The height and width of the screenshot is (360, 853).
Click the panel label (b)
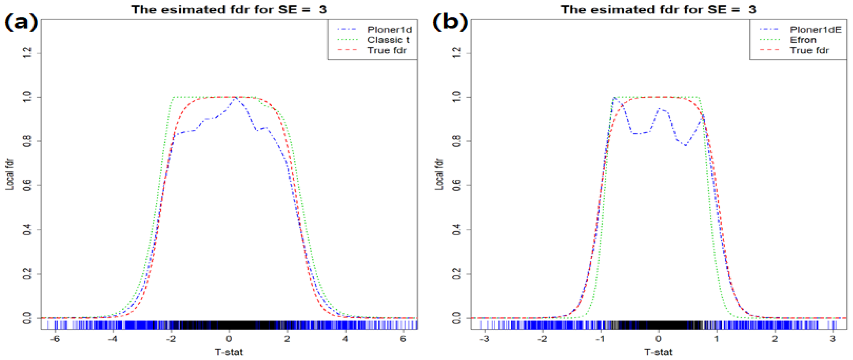(x=450, y=23)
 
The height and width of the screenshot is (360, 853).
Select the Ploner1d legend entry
(x=389, y=30)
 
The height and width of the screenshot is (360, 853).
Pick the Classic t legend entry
(x=388, y=40)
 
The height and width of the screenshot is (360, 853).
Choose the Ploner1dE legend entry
(x=815, y=30)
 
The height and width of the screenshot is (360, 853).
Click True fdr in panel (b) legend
(x=809, y=50)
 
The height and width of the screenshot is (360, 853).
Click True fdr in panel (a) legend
(x=386, y=50)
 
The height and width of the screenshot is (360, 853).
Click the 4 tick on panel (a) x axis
(x=345, y=339)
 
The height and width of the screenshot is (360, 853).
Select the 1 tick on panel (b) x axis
(x=717, y=339)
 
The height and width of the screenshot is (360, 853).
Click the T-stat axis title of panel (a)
(x=229, y=352)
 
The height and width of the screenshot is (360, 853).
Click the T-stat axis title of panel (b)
(x=658, y=352)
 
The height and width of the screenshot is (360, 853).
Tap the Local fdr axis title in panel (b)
(x=439, y=174)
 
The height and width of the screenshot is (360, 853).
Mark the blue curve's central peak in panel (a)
(x=236, y=98)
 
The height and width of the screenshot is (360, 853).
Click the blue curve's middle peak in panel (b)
(x=659, y=109)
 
